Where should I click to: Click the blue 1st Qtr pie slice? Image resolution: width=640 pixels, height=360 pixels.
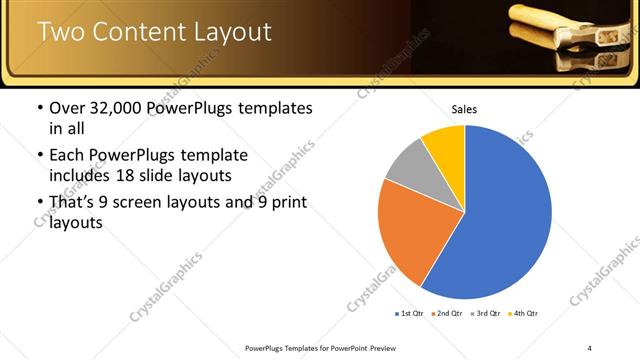pyautogui.click(x=500, y=220)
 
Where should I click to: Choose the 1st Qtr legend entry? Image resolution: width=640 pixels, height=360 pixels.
pyautogui.click(x=408, y=314)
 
